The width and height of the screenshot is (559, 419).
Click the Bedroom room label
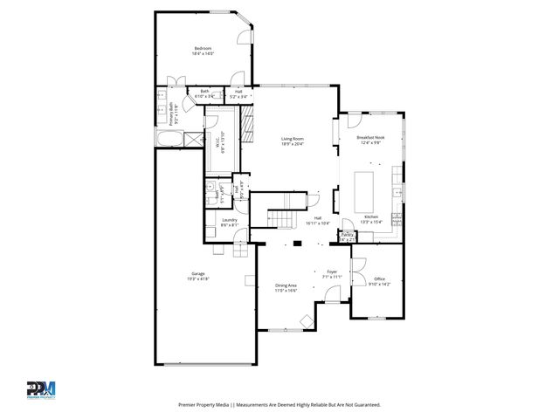204,48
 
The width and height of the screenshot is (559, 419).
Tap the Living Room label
292,138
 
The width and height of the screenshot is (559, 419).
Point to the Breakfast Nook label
371,138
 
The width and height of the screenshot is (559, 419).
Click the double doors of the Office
357,270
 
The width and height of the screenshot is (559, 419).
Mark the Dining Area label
286,285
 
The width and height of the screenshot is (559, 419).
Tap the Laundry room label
230,220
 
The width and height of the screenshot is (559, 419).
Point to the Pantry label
347,234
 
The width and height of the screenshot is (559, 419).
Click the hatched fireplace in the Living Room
247,127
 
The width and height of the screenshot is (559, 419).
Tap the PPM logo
40,388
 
